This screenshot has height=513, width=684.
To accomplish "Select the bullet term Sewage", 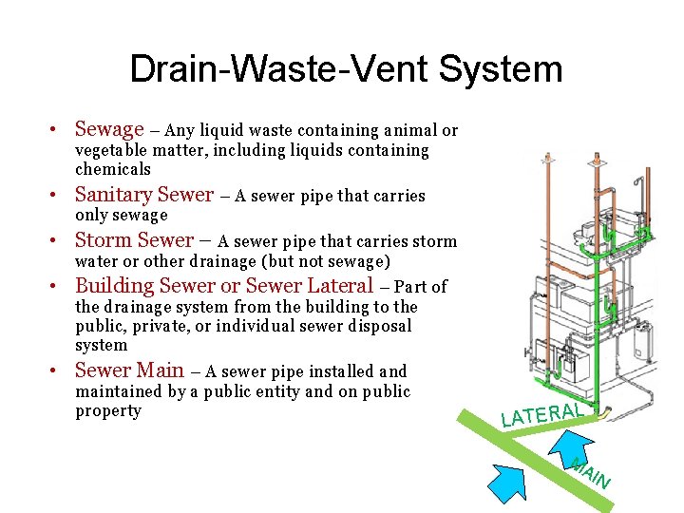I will (x=109, y=129).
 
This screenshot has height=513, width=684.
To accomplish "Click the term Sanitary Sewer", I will (x=144, y=195).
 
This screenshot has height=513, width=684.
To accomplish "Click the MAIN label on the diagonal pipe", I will (x=590, y=472).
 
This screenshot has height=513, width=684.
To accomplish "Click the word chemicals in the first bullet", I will (x=113, y=169).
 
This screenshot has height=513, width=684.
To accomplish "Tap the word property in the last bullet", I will (x=108, y=410).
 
